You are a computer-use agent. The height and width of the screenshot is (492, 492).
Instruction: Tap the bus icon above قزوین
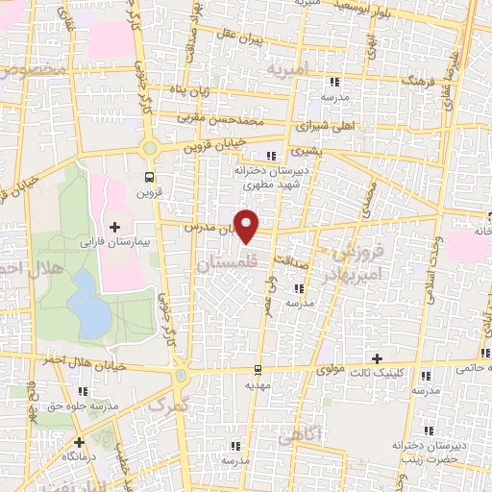click(x=148, y=177)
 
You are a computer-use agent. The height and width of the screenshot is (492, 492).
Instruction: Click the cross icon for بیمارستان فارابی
click(x=115, y=227)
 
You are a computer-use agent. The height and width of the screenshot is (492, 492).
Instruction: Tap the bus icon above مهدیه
click(x=257, y=369)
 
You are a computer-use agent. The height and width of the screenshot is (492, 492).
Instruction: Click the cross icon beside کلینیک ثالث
click(x=378, y=357)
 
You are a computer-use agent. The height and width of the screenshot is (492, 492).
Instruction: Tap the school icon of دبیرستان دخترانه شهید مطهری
click(x=272, y=155)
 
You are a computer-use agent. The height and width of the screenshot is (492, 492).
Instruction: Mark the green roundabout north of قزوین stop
click(x=149, y=148)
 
